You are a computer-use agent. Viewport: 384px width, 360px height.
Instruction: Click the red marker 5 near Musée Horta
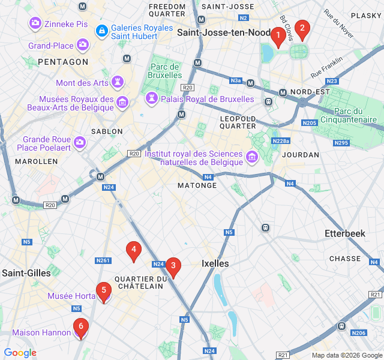(104, 292)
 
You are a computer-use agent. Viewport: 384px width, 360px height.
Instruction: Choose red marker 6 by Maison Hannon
(80, 328)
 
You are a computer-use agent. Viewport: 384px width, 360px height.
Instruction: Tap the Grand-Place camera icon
(83, 45)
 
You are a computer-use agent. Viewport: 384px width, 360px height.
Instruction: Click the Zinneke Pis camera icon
(35, 23)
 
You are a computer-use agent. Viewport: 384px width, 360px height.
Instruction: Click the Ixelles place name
(215, 263)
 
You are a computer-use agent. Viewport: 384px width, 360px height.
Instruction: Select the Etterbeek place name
(344, 233)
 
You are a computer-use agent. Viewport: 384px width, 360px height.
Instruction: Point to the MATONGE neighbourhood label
(197, 185)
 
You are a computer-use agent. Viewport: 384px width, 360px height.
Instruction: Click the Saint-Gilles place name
(26, 273)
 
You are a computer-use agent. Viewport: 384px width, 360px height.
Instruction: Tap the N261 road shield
(103, 260)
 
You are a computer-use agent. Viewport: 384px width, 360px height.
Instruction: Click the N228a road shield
(281, 141)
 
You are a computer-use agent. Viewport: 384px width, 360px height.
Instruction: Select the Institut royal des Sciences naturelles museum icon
(252, 157)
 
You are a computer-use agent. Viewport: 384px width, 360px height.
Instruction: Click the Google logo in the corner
(20, 353)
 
